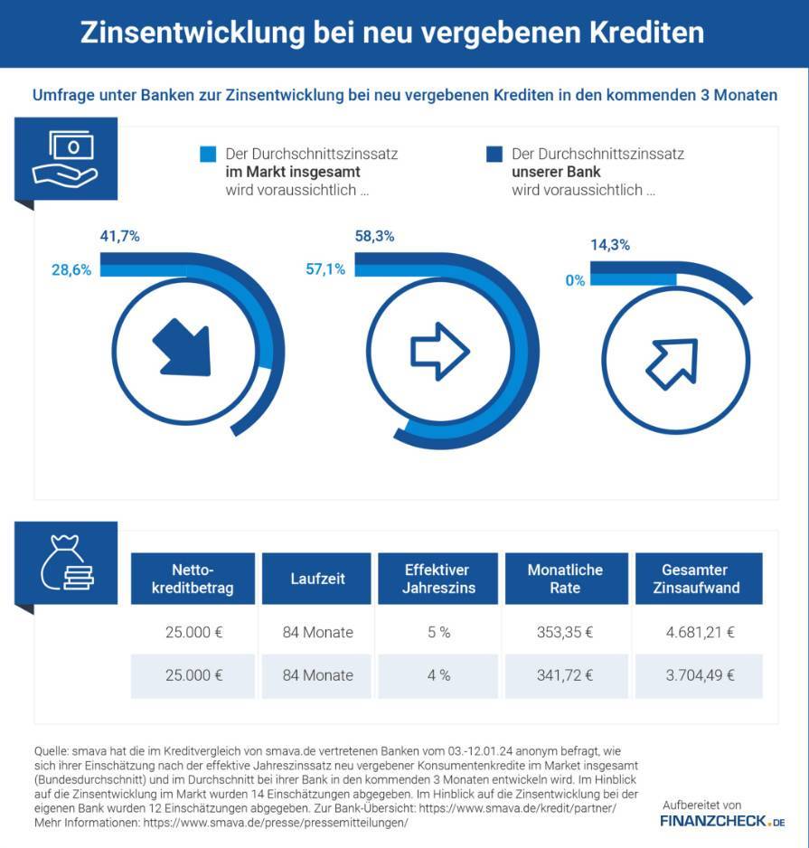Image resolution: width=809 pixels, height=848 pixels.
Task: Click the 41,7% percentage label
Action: click(x=119, y=236)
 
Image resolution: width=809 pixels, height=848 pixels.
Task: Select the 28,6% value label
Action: click(x=71, y=270)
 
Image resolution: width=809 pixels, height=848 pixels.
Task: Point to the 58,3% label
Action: click(x=374, y=236)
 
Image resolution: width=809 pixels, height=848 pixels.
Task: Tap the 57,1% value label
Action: click(x=325, y=269)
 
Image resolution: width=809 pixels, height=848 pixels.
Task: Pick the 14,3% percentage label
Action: click(x=610, y=245)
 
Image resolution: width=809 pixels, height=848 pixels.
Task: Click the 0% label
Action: click(x=576, y=280)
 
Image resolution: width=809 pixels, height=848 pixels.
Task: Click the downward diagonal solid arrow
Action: click(x=183, y=349)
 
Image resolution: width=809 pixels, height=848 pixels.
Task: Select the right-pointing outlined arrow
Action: click(x=439, y=352)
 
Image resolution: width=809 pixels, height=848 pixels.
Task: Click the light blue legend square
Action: click(x=208, y=154)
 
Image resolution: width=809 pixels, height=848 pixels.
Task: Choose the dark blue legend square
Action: click(x=494, y=154)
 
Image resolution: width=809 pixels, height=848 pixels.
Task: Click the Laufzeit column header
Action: click(x=317, y=579)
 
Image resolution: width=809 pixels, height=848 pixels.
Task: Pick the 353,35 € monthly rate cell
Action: click(x=565, y=632)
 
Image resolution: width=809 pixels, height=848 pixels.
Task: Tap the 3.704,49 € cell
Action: click(x=700, y=675)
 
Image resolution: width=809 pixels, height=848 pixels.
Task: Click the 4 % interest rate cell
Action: click(x=438, y=675)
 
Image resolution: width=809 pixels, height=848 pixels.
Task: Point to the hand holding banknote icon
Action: click(x=65, y=159)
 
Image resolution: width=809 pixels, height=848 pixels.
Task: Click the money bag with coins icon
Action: click(x=67, y=562)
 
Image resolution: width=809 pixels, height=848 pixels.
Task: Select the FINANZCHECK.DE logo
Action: click(x=722, y=821)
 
